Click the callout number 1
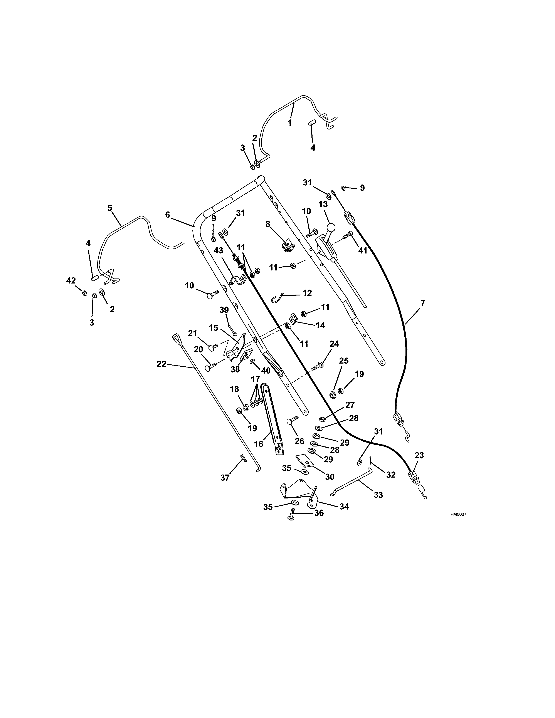[x=290, y=123]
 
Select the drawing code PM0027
[x=458, y=515]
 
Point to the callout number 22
[x=162, y=364]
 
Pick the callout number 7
[x=423, y=303]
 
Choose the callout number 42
[x=71, y=280]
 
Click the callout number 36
[x=319, y=513]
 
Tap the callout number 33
[x=378, y=495]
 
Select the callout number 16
[x=259, y=444]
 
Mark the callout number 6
[x=168, y=215]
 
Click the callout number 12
[x=307, y=293]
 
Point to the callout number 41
[x=362, y=250]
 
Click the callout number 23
[x=419, y=455]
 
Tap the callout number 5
[x=110, y=208]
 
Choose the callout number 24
[x=334, y=344]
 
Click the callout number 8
[x=268, y=224]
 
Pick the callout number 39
[x=224, y=310]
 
